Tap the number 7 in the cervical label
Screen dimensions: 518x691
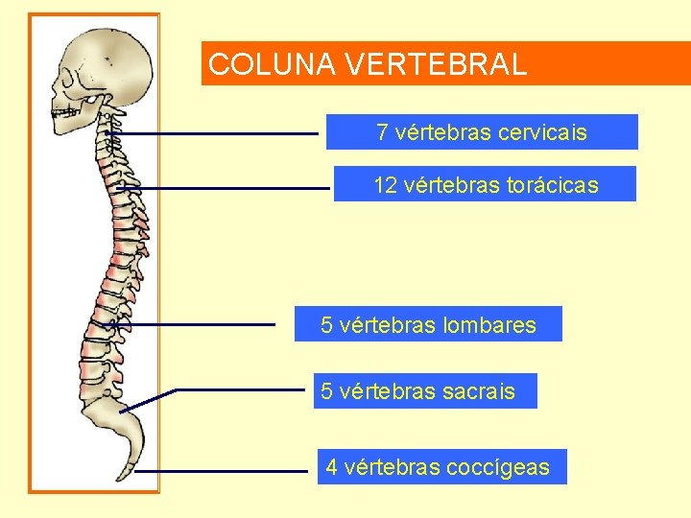point(382,132)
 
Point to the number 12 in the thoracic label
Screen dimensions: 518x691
point(385,185)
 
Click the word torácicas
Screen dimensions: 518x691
point(552,185)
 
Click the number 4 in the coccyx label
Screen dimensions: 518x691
point(331,467)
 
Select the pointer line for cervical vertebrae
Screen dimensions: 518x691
point(221,134)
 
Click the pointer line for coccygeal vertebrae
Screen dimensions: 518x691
point(221,472)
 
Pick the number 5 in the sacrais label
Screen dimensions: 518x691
point(327,391)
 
